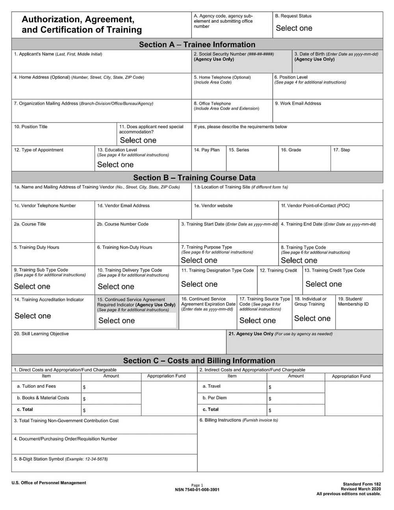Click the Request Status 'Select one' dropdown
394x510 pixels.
click(294, 28)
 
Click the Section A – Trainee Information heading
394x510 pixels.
click(197, 45)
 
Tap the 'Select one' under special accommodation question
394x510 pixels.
click(138, 140)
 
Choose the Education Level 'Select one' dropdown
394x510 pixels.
click(115, 165)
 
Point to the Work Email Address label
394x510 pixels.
click(298, 104)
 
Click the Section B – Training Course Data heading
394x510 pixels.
click(194, 178)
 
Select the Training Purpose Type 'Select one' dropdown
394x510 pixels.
click(199, 261)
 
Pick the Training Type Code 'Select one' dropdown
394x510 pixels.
click(299, 261)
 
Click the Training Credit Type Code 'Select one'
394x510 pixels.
click(323, 284)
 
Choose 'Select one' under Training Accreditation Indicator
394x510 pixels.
click(33, 316)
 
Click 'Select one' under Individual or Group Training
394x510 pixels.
click(312, 318)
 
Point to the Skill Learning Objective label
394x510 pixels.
click(41, 334)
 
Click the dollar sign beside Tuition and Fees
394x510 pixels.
click(84, 387)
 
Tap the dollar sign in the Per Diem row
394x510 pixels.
click(270, 399)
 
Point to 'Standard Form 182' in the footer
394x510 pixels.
click(362, 484)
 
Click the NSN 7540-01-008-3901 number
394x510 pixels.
click(197, 490)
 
